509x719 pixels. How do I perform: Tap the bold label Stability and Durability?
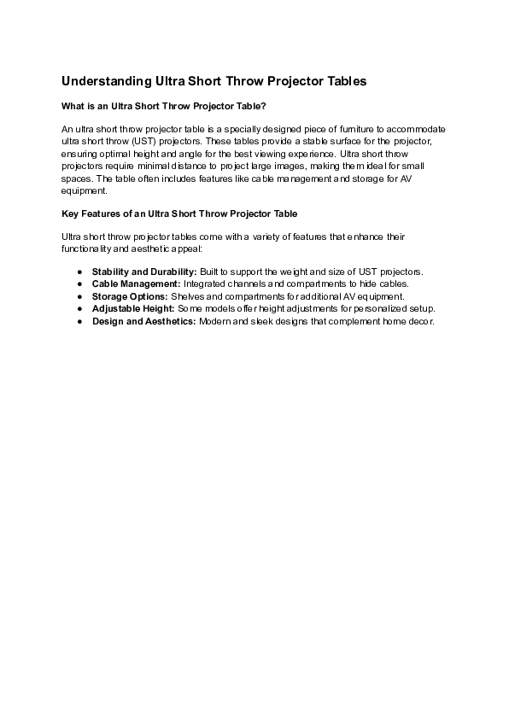tap(144, 272)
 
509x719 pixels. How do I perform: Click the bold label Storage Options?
tap(130, 296)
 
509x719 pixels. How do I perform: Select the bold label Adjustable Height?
tap(133, 308)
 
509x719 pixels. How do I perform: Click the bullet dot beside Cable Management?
tap(79, 284)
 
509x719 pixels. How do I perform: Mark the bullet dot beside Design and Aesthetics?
tap(79, 321)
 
